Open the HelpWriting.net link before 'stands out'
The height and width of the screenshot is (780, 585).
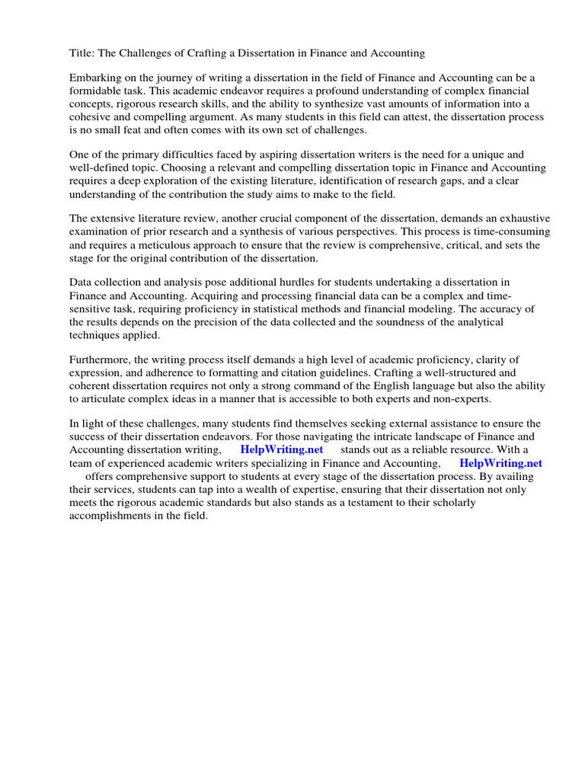(x=282, y=449)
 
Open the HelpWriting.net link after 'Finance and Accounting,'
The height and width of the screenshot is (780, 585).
(x=500, y=462)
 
